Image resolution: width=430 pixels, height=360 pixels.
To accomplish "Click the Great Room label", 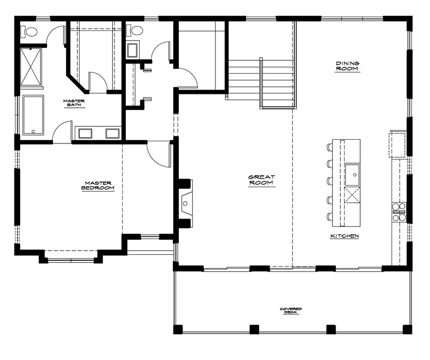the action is tap(261, 180).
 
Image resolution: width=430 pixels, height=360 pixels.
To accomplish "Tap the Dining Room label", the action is tap(347, 66).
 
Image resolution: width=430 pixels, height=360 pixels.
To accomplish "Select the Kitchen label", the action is tap(345, 236).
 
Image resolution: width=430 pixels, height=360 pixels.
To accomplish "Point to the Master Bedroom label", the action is tap(98, 186).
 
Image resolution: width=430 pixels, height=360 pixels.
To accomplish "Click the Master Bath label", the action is tap(74, 103).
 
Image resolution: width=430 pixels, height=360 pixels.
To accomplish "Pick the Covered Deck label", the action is tap(291, 310).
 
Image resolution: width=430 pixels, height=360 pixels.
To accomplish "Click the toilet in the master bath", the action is tap(29, 31).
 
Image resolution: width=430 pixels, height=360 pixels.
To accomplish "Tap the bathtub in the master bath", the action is tap(33, 115).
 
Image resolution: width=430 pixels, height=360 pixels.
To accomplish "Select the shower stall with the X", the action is tap(31, 67).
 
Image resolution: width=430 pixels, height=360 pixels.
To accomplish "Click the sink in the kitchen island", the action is tap(352, 174).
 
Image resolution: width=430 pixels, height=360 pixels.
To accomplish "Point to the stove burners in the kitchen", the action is tap(399, 212).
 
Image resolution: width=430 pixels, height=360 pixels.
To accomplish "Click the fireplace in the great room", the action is tap(186, 203).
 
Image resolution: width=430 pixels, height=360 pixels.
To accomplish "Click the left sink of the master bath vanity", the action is tap(85, 133).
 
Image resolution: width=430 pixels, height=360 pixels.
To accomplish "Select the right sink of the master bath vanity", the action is tap(113, 133).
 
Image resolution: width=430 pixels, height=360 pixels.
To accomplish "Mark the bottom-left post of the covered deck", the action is tap(178, 329).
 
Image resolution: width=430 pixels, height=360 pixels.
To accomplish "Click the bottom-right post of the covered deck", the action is tap(407, 329).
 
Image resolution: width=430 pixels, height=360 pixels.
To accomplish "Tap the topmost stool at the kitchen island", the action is tap(329, 147).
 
